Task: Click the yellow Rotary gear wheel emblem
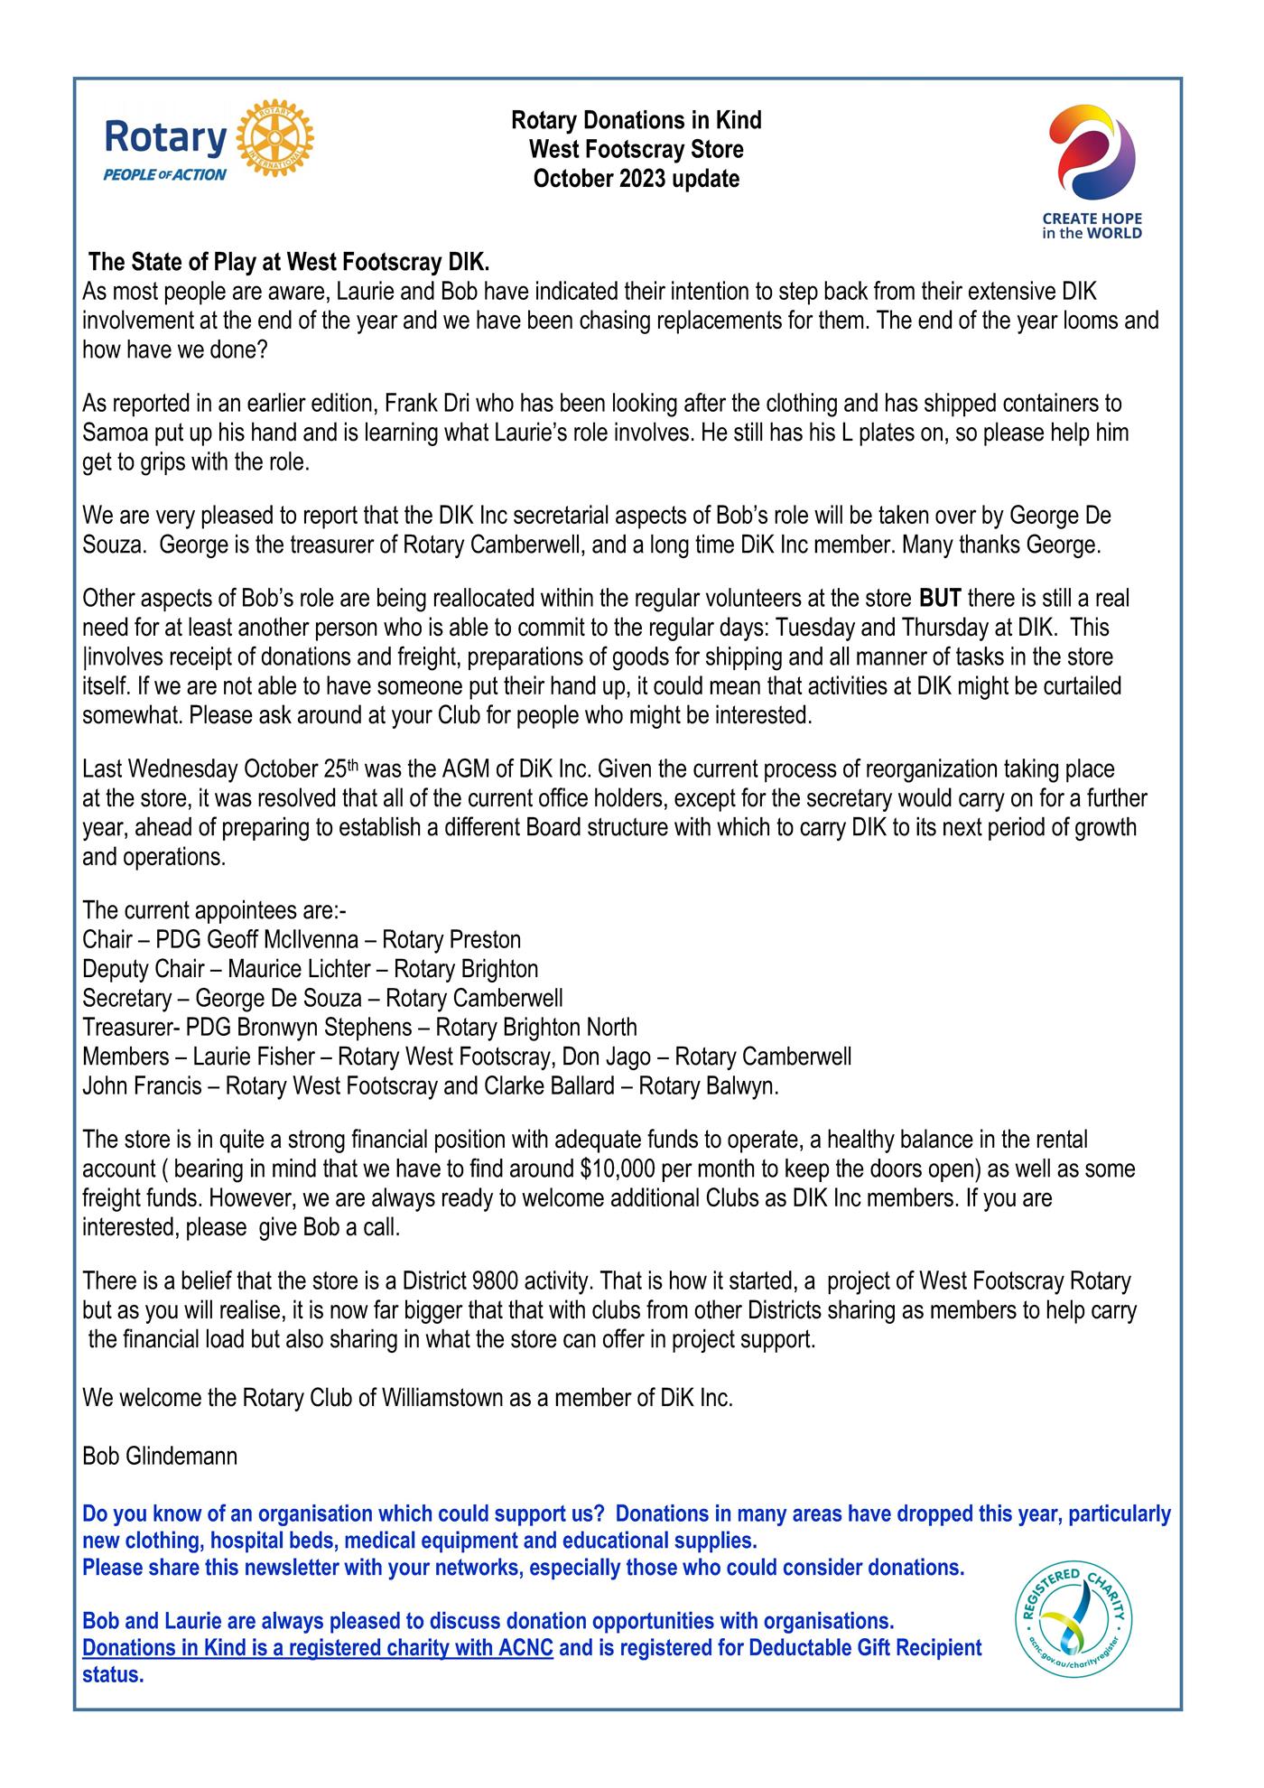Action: click(x=274, y=139)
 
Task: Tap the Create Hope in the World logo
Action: click(x=1092, y=172)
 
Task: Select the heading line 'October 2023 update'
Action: click(x=636, y=179)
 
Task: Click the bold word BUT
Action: click(x=940, y=599)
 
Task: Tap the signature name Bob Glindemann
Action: click(x=160, y=1457)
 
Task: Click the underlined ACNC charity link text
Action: click(x=317, y=1648)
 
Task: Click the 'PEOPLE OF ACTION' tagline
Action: click(x=165, y=175)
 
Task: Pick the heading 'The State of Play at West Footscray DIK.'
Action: click(x=289, y=264)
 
